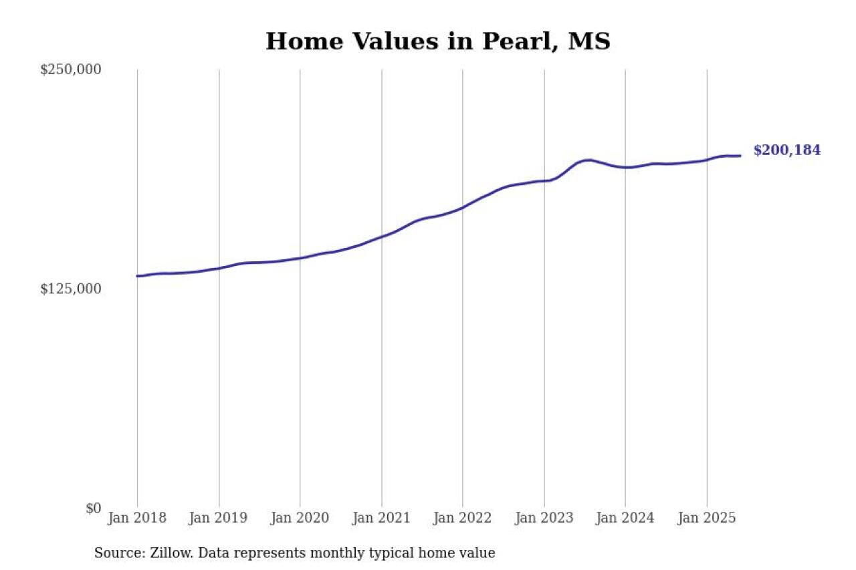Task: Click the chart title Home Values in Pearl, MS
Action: [x=437, y=41]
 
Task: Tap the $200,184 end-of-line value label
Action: [x=786, y=150]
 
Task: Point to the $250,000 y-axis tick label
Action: [x=71, y=69]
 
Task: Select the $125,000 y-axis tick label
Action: [x=71, y=289]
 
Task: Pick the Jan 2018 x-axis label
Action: [x=137, y=518]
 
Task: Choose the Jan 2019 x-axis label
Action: [x=219, y=518]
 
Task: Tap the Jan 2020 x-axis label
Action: [x=300, y=518]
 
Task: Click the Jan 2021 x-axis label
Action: [x=381, y=518]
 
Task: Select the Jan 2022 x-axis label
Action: [x=463, y=518]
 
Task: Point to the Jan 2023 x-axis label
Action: [x=544, y=518]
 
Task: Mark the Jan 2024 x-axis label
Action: [x=625, y=518]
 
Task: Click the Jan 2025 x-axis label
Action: [x=707, y=518]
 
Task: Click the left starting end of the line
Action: [x=138, y=276]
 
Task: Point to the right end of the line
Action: [x=740, y=156]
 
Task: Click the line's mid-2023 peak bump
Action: [x=587, y=160]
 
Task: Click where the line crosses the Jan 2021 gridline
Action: [x=382, y=237]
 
